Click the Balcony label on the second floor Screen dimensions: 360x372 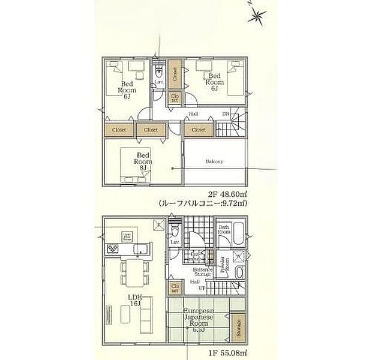pos(214,161)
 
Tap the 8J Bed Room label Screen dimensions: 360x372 pos(142,161)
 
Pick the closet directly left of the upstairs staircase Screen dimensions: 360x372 pos(198,129)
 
